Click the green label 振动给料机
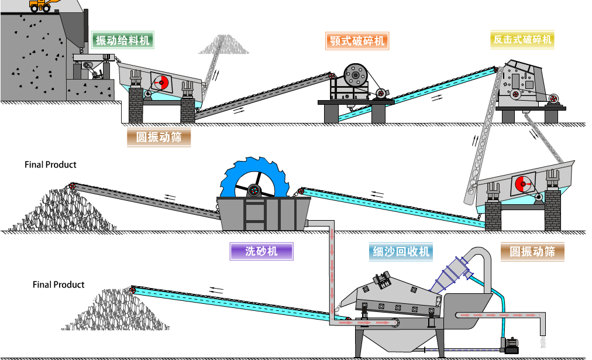(122, 40)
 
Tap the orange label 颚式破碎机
(357, 40)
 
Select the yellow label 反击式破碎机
(522, 40)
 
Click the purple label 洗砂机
(261, 252)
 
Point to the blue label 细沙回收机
(402, 252)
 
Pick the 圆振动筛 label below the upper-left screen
(159, 138)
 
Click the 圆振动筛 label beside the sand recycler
(532, 252)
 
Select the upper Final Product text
(50, 164)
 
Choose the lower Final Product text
(58, 284)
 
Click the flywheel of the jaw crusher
(353, 74)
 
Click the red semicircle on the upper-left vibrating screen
(161, 83)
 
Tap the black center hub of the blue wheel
(254, 190)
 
